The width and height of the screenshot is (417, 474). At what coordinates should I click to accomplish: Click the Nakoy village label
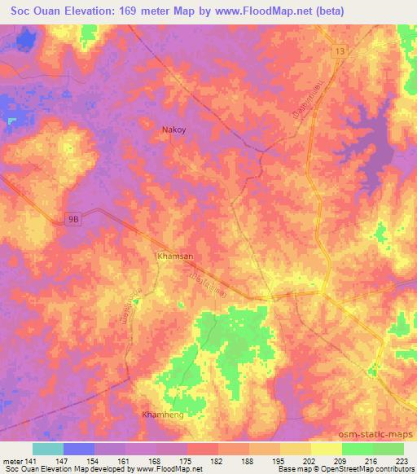coord(173,129)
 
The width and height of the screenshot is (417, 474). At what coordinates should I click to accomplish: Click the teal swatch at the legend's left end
coord(48,449)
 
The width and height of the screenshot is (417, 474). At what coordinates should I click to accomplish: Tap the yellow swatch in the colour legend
coord(327,449)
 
